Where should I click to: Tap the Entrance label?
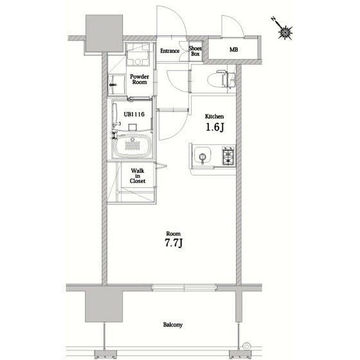coord(170,50)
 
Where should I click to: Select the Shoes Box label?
coord(195,51)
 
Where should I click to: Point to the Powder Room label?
coord(139,79)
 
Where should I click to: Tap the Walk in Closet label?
coord(138,176)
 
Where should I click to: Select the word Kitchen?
coord(214,116)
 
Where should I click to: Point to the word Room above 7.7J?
coord(172,233)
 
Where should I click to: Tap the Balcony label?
coord(172,325)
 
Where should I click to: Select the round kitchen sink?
coord(203,156)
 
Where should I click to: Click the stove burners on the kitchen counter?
coord(229,155)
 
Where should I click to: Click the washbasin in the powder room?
coord(137,58)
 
